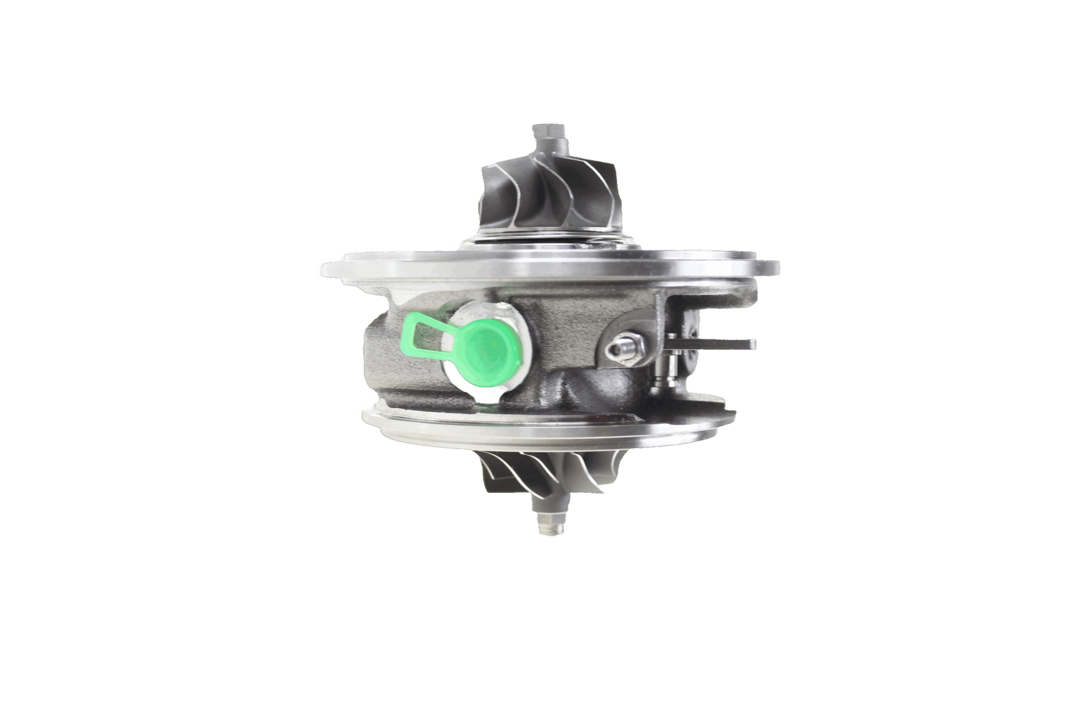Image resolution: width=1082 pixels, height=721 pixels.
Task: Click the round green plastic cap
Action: (489, 348)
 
